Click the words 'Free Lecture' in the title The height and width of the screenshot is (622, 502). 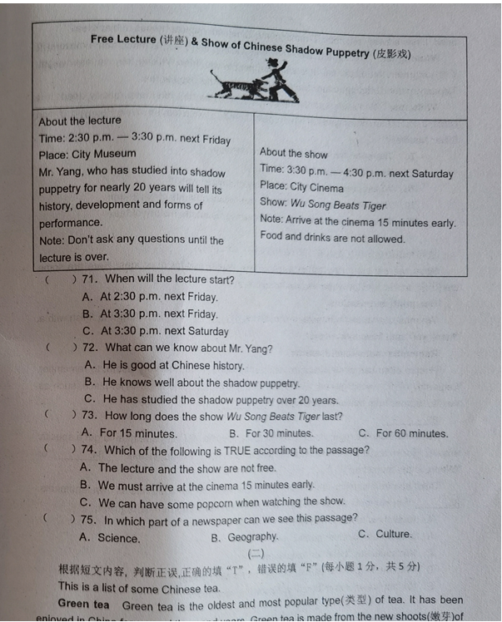click(x=123, y=39)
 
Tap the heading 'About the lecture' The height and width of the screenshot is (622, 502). click(x=79, y=121)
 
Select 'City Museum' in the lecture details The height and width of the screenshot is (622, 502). click(x=105, y=154)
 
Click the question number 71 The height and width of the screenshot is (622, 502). click(x=90, y=279)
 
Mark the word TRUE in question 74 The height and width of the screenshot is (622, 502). click(x=241, y=451)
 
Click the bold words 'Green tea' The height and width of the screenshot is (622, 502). click(x=83, y=604)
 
